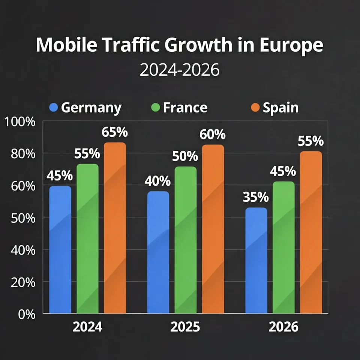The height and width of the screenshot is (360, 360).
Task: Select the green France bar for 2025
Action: (185, 240)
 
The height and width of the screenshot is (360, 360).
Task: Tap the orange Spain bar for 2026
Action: (311, 232)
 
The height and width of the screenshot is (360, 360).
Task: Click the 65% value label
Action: (115, 132)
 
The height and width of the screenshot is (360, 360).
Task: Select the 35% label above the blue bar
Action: (256, 197)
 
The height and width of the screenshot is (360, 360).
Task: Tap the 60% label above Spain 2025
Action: (213, 135)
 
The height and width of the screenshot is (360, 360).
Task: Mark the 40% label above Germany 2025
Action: (157, 181)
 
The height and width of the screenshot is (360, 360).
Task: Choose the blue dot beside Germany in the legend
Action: (54, 108)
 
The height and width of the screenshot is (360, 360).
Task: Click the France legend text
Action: (185, 108)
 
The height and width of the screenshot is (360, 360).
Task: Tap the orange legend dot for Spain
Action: (255, 108)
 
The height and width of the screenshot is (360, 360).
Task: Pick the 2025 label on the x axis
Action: (185, 327)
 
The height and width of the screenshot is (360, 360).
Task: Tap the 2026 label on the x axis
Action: (283, 327)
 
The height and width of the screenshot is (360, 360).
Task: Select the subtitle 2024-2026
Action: (179, 70)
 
